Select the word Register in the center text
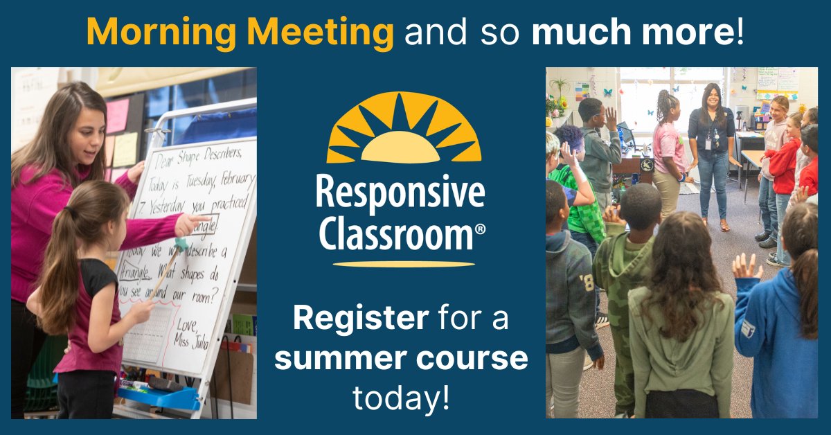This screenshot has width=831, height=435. (359, 319)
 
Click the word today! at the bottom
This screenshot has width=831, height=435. (402, 398)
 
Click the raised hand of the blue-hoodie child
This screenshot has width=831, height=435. (747, 267)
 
